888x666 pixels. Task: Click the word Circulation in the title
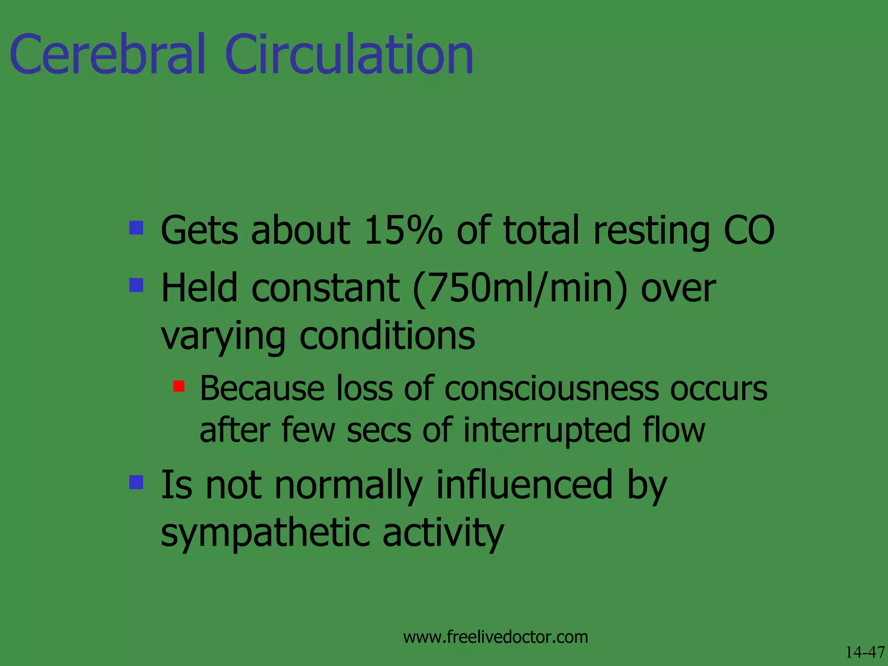coord(349,55)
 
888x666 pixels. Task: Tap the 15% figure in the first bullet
coord(403,230)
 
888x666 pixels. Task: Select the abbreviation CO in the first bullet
coord(749,230)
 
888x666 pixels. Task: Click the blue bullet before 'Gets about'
coord(136,228)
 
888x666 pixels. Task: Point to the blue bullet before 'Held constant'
coord(136,285)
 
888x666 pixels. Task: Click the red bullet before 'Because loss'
coord(179,386)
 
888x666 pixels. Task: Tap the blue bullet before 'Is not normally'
coord(136,482)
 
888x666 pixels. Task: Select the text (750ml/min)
coord(520,288)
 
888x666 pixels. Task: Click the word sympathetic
coord(265,533)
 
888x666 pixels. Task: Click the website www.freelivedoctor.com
coord(495,637)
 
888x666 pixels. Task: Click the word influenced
coord(524,485)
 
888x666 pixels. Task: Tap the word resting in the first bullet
coord(651,230)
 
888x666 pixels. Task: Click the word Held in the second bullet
coord(199,288)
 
